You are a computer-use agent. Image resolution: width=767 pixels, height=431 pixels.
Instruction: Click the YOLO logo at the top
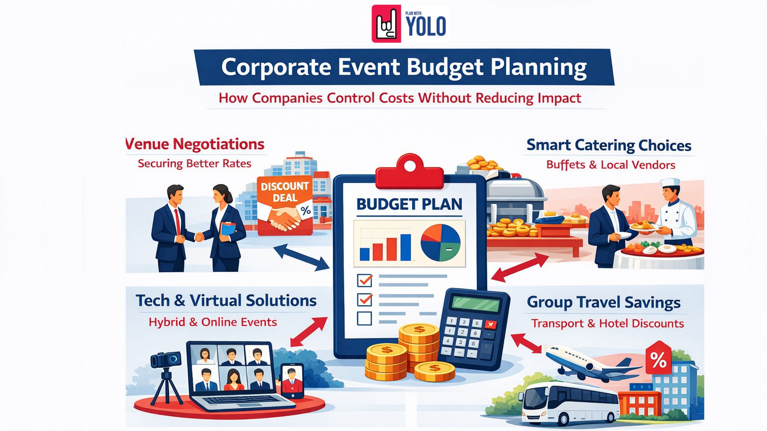click(410, 24)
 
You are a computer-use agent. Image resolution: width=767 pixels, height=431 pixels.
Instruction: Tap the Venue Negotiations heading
click(195, 144)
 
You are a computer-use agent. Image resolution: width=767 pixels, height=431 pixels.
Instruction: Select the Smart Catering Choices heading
click(608, 145)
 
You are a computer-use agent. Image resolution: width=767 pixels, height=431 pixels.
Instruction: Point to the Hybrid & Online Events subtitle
click(213, 322)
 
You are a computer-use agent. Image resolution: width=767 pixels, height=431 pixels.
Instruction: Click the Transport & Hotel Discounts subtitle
click(607, 324)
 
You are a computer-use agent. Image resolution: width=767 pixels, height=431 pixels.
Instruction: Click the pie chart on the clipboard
click(441, 243)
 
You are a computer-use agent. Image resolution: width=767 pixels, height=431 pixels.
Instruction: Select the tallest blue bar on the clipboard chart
click(405, 247)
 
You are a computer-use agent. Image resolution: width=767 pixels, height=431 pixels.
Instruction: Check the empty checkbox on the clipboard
click(364, 318)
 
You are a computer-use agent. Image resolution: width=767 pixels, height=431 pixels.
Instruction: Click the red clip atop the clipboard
click(410, 173)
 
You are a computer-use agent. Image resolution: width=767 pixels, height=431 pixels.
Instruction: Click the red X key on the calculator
click(491, 325)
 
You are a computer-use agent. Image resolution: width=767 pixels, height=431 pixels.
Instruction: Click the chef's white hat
click(670, 182)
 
